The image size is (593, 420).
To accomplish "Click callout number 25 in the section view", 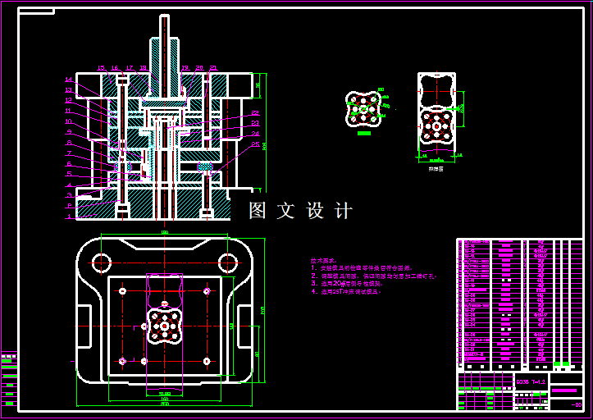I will (255, 145).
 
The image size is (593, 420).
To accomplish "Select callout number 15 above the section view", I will (101, 67).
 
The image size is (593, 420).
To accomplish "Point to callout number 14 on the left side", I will (69, 80).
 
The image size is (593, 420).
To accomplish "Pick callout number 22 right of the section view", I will (255, 113).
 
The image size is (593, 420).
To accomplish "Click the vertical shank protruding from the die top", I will (164, 45).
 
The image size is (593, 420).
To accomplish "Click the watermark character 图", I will (259, 211).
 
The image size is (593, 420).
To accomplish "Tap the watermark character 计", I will (344, 211).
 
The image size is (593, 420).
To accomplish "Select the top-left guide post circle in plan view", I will (102, 263).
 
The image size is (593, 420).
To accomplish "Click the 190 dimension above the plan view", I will (164, 234).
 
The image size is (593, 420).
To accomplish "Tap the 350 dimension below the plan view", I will (164, 404).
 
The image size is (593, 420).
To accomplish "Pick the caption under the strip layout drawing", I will (436, 168).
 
